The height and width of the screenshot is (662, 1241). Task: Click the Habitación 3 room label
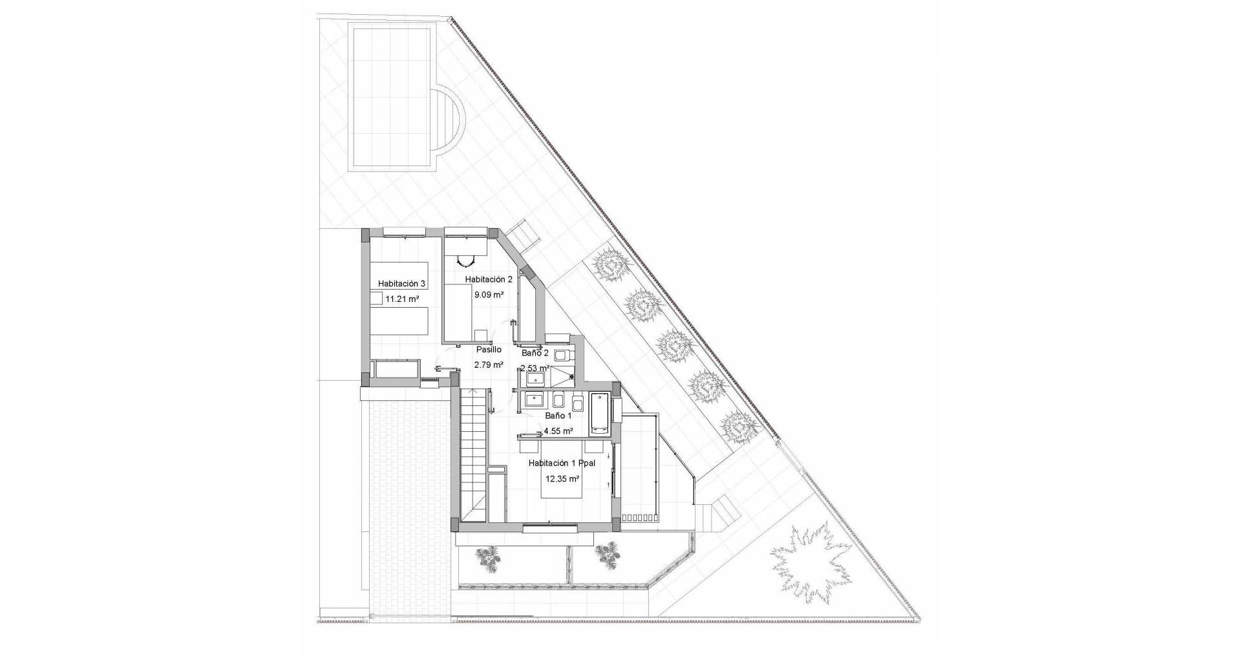(x=401, y=284)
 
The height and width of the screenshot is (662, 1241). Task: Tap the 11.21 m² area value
(x=401, y=299)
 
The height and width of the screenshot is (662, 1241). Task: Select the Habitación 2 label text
(x=489, y=279)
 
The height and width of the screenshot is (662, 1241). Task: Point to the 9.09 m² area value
(x=489, y=295)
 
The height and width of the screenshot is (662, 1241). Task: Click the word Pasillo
(x=489, y=350)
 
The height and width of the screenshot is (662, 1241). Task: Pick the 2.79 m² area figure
(x=489, y=365)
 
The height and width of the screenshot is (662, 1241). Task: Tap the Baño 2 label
(x=535, y=354)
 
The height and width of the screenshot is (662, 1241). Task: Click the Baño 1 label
(x=558, y=416)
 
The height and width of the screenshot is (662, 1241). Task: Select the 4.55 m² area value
(x=558, y=431)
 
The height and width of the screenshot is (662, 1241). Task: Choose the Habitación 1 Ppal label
(x=561, y=464)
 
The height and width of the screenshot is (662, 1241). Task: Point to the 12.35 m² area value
(x=562, y=479)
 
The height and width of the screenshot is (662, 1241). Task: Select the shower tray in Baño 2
(x=562, y=377)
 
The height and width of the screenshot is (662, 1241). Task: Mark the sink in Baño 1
(x=535, y=400)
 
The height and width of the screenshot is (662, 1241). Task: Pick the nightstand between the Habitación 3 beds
(x=376, y=299)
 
